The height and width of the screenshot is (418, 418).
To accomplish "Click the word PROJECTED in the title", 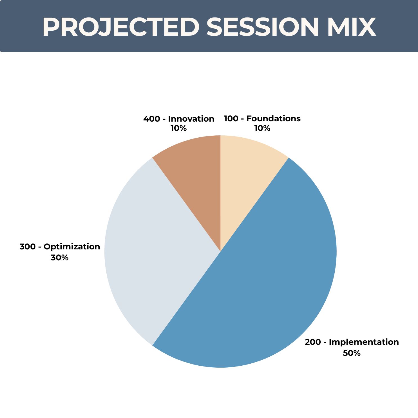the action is [x=121, y=27].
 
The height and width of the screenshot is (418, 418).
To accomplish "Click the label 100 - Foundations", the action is [x=262, y=119].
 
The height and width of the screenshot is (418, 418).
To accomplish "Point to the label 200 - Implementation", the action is [x=352, y=342].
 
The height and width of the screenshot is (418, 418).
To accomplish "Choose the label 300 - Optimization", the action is [x=60, y=247].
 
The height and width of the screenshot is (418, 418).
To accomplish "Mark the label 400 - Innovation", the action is [x=179, y=119].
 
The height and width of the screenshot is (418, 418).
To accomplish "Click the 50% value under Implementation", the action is [x=352, y=353].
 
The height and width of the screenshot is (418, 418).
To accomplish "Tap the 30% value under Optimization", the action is [x=60, y=258].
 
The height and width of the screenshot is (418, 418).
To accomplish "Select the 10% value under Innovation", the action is [x=178, y=128].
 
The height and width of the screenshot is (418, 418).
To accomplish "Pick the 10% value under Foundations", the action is [x=262, y=128].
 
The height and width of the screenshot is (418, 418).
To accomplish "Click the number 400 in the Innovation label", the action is [x=151, y=119].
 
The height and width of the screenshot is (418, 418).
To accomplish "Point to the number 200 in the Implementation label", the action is [x=313, y=342].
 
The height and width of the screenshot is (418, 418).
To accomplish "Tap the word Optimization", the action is [x=72, y=247].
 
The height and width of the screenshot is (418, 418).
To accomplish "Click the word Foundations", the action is [x=274, y=119].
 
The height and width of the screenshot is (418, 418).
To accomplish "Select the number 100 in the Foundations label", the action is [x=231, y=119].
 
